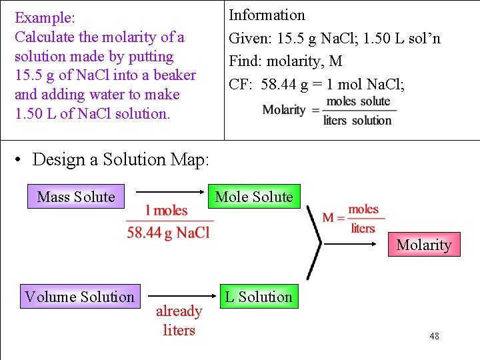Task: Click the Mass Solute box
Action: (x=75, y=197)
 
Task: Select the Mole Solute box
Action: (x=254, y=197)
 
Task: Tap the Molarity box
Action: (x=423, y=245)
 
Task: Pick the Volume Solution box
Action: (x=79, y=297)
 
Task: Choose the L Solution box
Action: (x=259, y=297)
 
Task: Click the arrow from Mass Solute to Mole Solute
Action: (x=170, y=193)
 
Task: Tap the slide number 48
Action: (x=434, y=337)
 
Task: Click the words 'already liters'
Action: (x=179, y=321)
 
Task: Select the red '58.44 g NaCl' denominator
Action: (x=168, y=232)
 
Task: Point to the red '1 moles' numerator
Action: (x=167, y=211)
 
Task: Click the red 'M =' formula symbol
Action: (x=333, y=218)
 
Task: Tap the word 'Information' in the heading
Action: (x=267, y=15)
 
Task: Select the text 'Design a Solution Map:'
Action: (x=121, y=159)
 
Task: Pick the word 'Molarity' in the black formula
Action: (x=284, y=110)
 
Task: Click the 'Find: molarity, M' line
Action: (x=285, y=61)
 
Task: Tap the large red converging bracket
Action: (x=314, y=243)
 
